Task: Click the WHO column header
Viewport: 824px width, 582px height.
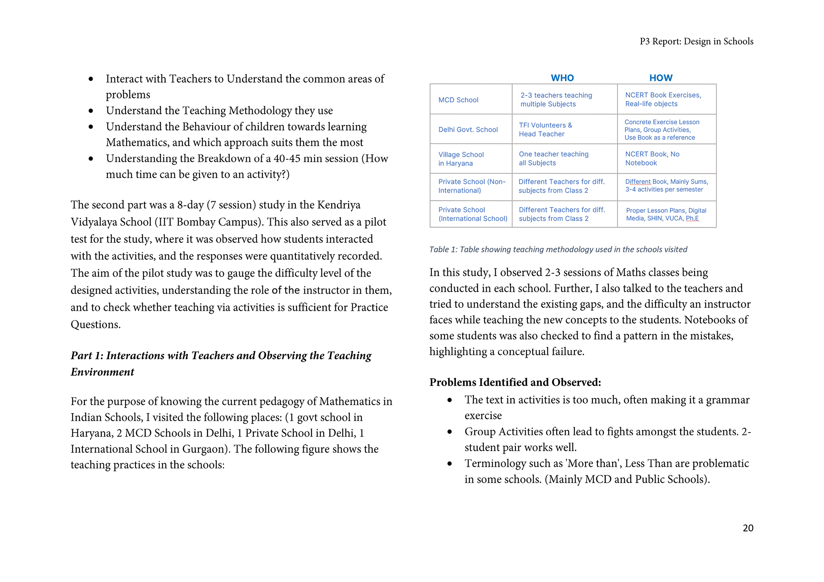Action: [x=562, y=78]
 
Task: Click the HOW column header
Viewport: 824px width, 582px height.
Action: [x=660, y=78]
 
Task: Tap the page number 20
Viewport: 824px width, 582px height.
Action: [x=748, y=528]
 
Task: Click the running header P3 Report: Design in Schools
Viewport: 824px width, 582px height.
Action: [x=696, y=42]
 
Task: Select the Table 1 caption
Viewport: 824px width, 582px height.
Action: [x=558, y=249]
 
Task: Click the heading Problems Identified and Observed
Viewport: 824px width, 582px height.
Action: [x=515, y=382]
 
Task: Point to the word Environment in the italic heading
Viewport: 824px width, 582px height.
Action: [x=102, y=372]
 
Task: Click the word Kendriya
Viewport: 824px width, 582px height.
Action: [x=336, y=205]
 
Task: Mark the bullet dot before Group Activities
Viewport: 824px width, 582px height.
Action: [x=450, y=432]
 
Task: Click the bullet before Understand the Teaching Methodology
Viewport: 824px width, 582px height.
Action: [x=91, y=111]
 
